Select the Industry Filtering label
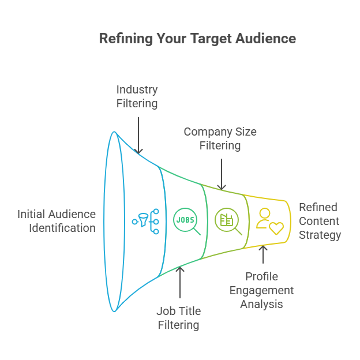tap(137, 96)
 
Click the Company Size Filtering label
tap(220, 138)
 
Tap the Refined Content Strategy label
tap(320, 221)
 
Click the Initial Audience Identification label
tap(57, 221)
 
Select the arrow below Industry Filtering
tap(138, 135)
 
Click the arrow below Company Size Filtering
tap(222, 174)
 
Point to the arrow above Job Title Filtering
tap(180, 282)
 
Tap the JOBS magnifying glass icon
tap(187, 221)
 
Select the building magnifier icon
tap(228, 221)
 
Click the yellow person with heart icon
tap(269, 221)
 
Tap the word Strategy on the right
tap(320, 235)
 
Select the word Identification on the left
tap(62, 228)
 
